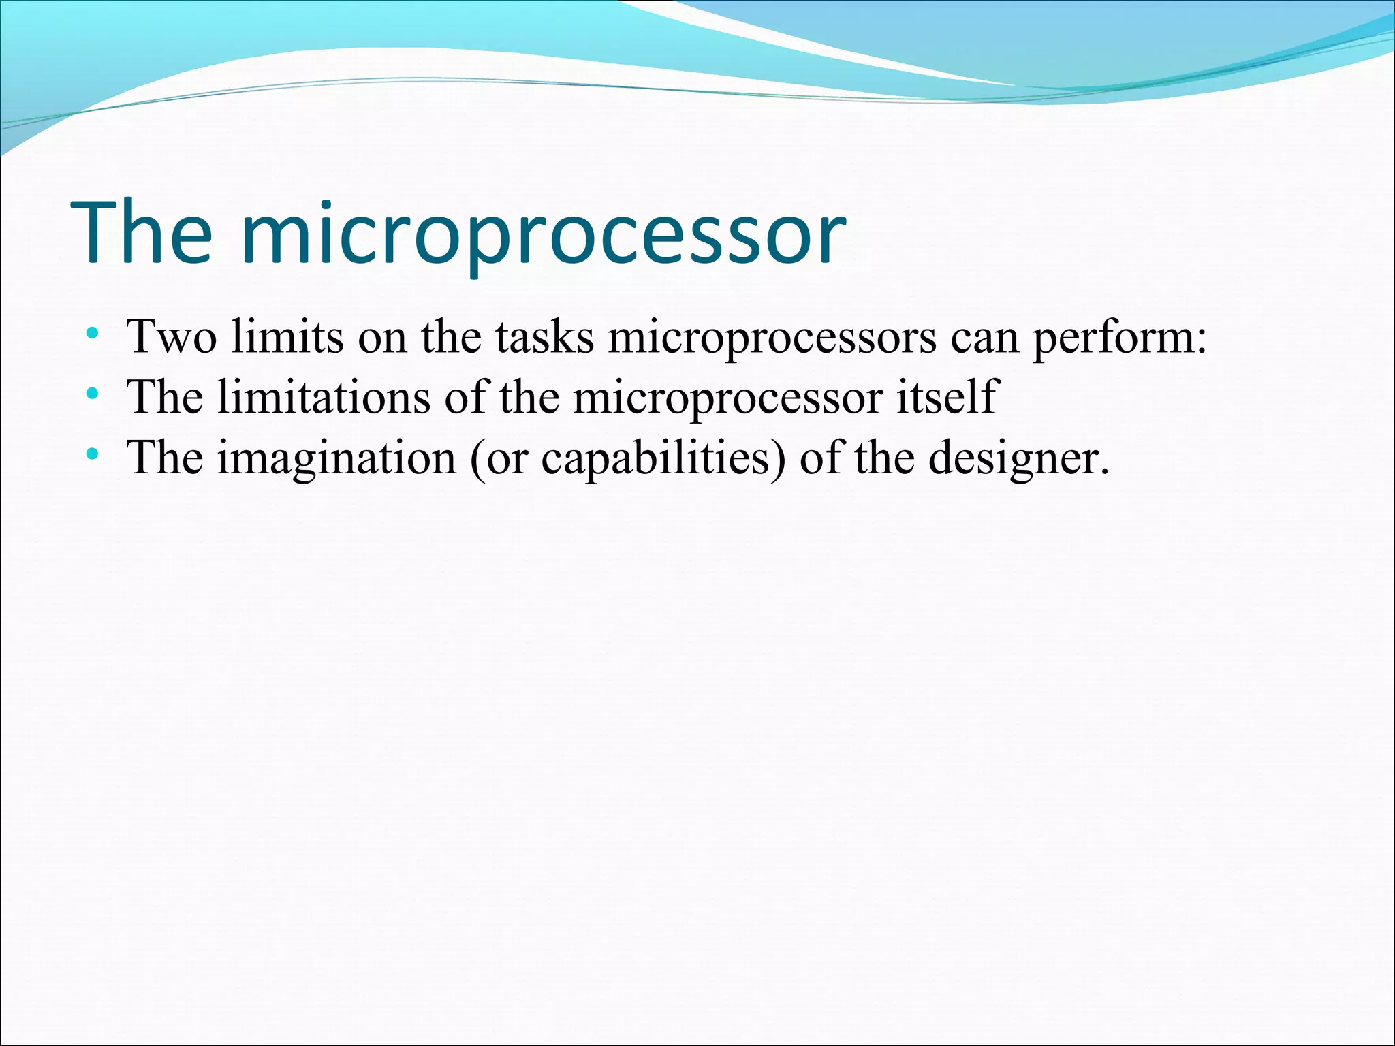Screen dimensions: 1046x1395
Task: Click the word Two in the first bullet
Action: pos(172,336)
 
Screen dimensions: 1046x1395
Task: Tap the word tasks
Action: pos(544,336)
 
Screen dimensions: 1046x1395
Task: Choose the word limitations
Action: pos(324,396)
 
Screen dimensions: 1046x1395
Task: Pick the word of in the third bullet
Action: pos(820,456)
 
